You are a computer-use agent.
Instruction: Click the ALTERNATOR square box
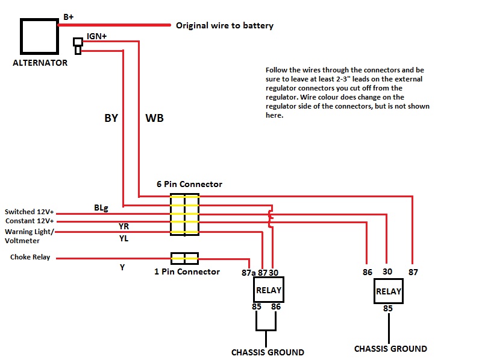click(40, 36)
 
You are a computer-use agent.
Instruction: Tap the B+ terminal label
click(69, 17)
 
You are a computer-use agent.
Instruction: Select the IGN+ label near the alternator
click(96, 36)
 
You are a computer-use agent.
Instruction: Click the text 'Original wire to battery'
click(224, 26)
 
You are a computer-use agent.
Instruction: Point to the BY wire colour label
click(111, 118)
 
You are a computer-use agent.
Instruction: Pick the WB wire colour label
click(154, 118)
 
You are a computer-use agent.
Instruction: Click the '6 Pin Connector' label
click(189, 184)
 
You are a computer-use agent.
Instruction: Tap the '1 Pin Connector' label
click(187, 271)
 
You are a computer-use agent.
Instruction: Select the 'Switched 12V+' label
click(30, 212)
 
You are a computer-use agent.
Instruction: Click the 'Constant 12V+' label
click(30, 221)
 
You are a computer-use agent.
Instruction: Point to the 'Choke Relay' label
click(30, 257)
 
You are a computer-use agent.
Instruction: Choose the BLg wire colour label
click(101, 208)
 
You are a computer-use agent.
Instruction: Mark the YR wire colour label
click(124, 226)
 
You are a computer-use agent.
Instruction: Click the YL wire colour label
click(124, 238)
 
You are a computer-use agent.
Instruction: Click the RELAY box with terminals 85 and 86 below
click(268, 290)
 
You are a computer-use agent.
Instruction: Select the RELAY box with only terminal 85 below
click(389, 291)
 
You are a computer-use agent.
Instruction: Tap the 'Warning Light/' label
click(30, 232)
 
